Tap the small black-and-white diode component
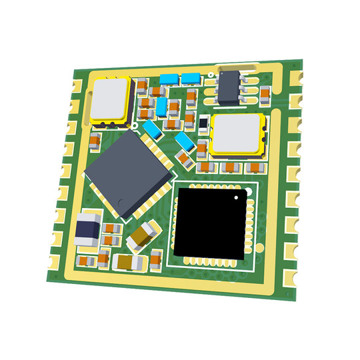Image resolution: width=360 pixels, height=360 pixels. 204,123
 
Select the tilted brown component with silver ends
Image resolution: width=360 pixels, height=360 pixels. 144,233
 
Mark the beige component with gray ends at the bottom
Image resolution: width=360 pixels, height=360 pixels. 129,262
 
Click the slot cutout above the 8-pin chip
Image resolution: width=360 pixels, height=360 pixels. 237,65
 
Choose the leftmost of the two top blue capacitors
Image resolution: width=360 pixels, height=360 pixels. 169,79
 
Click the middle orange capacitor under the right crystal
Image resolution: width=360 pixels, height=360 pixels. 231,166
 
